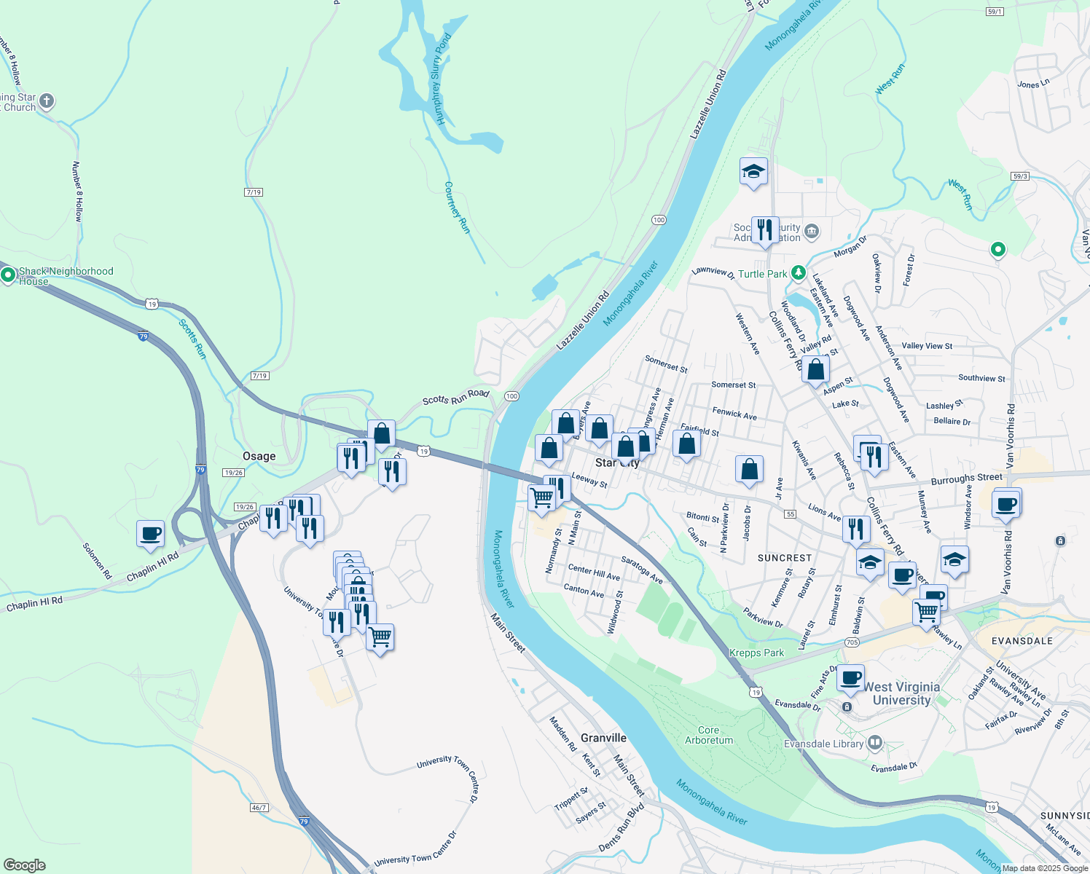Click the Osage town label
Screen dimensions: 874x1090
[259, 456]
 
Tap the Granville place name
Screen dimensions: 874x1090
[603, 738]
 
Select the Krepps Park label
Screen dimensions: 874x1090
[756, 653]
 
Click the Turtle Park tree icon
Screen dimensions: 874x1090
[799, 273]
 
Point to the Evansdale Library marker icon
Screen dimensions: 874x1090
[874, 744]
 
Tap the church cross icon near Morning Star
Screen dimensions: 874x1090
[47, 101]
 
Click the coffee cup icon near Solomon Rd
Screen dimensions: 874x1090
[150, 534]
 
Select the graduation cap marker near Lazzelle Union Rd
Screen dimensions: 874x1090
[753, 172]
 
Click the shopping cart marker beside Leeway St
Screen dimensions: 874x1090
[542, 499]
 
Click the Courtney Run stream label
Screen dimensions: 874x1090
[457, 208]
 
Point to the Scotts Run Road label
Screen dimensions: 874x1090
[456, 398]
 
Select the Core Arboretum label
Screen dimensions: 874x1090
[709, 735]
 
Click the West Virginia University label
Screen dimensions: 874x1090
[901, 693]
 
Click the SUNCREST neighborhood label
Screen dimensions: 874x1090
[784, 558]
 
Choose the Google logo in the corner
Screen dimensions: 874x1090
[24, 865]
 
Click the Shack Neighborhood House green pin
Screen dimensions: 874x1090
[8, 275]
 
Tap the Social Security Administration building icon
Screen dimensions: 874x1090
[812, 232]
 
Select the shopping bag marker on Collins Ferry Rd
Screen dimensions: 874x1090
[816, 369]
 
